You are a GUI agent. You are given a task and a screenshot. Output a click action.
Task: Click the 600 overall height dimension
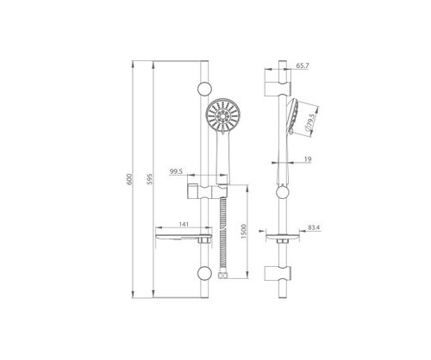pyautogui.click(x=129, y=179)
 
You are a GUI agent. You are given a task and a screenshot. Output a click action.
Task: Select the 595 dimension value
pyautogui.click(x=150, y=179)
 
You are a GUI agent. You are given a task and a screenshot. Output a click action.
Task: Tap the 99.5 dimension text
pyautogui.click(x=176, y=171)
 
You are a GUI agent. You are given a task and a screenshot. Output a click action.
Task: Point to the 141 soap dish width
pyautogui.click(x=184, y=225)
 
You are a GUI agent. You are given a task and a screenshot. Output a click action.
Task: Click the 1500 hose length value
pyautogui.click(x=244, y=232)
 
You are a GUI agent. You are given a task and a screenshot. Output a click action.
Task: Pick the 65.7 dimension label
pyautogui.click(x=303, y=65)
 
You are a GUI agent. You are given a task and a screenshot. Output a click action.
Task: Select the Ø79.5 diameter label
pyautogui.click(x=311, y=121)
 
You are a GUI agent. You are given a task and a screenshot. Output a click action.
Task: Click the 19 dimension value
pyautogui.click(x=308, y=159)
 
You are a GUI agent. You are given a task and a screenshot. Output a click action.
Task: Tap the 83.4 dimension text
pyautogui.click(x=314, y=227)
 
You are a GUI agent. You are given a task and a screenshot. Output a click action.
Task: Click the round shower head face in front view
pyautogui.click(x=221, y=116)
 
